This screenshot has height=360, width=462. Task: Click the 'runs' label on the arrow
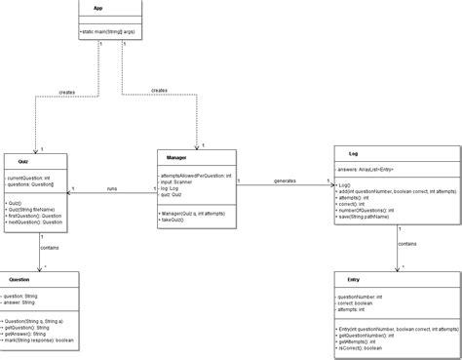(x=111, y=187)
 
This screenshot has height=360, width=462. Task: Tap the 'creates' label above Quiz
(x=65, y=94)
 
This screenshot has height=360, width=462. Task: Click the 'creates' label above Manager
(x=159, y=90)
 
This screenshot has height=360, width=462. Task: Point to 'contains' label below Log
(x=408, y=243)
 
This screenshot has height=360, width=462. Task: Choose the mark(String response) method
(x=40, y=340)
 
